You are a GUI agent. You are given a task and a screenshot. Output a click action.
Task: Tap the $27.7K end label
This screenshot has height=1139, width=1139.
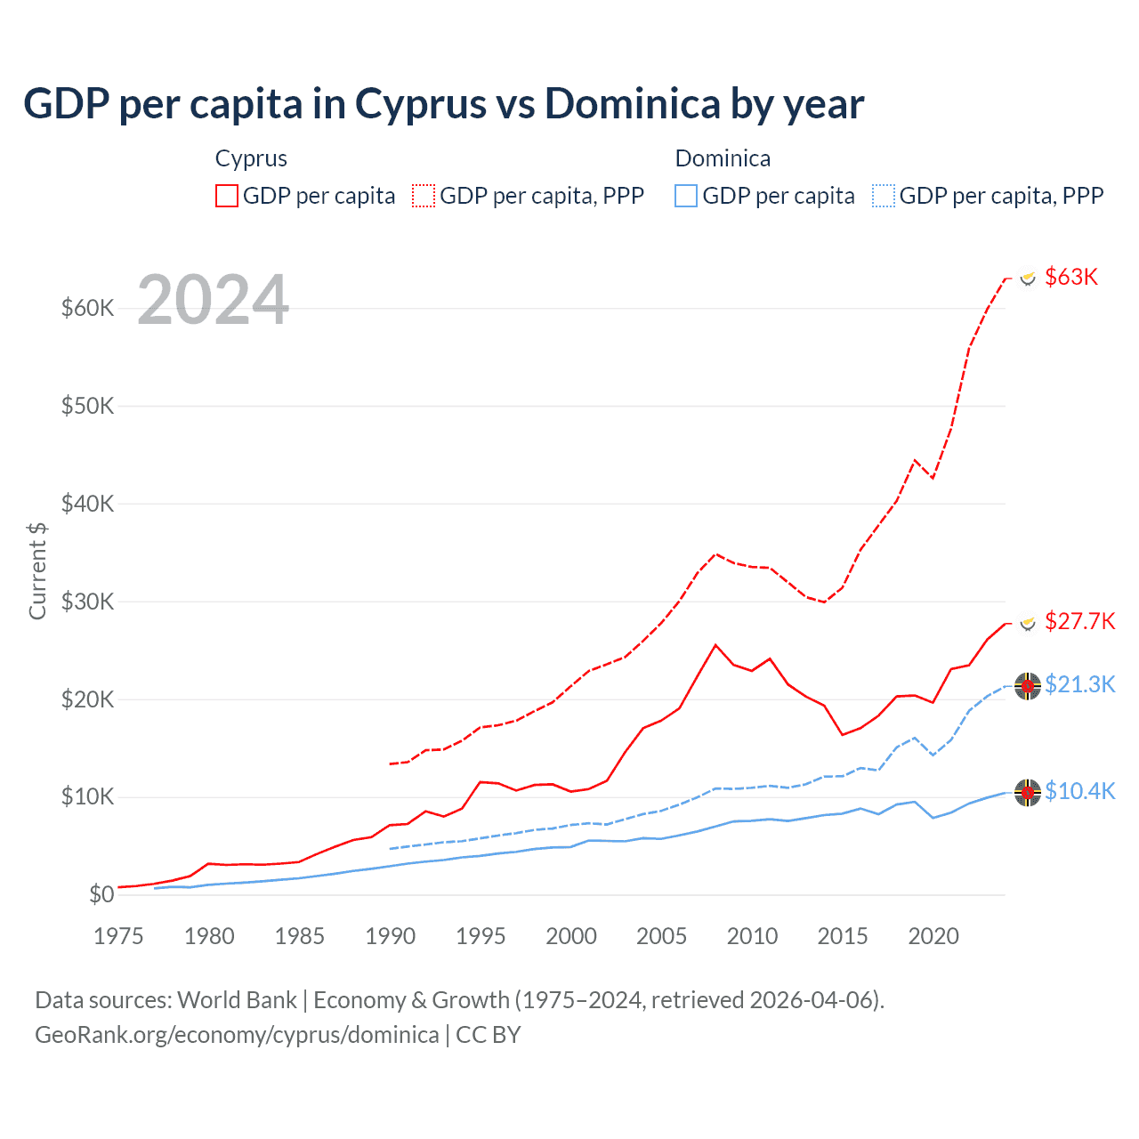tap(1079, 621)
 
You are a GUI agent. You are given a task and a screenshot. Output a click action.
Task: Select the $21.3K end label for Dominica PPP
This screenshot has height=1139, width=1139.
tap(1079, 684)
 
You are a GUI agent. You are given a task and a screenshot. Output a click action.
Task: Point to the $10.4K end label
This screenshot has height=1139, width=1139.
tap(1079, 791)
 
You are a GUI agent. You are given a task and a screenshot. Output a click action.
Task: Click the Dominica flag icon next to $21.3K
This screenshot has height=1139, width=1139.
tap(1028, 686)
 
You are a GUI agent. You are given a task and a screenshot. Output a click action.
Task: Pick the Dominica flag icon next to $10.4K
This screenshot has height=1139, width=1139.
tap(1028, 792)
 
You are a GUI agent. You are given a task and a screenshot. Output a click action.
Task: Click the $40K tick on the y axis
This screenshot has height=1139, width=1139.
tap(87, 504)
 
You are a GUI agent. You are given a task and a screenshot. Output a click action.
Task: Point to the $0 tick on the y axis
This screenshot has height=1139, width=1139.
tap(101, 894)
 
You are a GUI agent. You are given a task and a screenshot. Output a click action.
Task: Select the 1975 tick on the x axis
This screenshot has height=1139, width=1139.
tap(118, 936)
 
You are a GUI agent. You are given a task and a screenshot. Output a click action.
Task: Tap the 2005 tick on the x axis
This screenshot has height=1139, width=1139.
tap(661, 936)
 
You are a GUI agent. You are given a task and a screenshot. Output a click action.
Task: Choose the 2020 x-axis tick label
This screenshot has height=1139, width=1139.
tap(933, 936)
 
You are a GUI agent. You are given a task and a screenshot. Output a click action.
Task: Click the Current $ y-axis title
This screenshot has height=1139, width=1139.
tap(37, 570)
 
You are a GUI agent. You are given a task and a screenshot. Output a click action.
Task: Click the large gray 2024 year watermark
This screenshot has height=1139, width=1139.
tap(214, 300)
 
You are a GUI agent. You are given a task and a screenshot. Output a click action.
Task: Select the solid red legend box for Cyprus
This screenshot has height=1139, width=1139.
tap(227, 196)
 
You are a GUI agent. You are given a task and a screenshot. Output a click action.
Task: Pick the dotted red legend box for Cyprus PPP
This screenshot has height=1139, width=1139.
tap(424, 196)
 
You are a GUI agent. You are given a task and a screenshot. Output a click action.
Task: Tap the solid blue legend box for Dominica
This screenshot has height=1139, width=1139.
tap(686, 196)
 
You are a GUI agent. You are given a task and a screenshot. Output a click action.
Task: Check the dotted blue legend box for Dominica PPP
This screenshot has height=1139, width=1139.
tap(884, 196)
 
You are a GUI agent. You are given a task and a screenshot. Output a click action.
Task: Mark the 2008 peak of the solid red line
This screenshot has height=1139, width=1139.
tap(715, 645)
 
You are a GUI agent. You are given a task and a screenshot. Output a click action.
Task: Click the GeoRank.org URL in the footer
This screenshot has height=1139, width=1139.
tap(237, 1035)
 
